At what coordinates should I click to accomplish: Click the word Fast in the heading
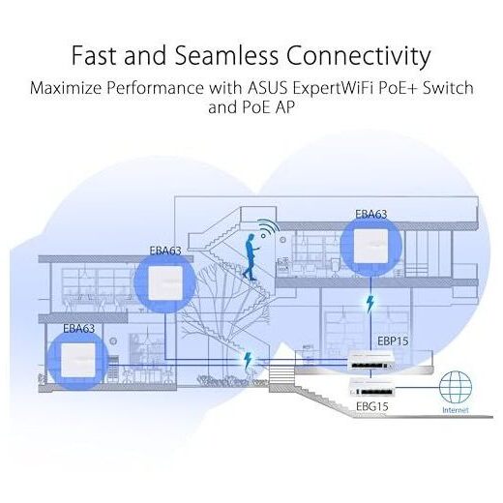click(93, 55)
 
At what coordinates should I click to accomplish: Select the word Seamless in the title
click(226, 55)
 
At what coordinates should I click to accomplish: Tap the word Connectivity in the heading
click(359, 56)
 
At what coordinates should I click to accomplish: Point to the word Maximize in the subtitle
click(66, 88)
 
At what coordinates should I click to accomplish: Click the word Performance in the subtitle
click(155, 88)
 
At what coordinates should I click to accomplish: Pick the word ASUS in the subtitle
click(267, 88)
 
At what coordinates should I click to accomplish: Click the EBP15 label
click(393, 341)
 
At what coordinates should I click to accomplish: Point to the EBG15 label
click(371, 406)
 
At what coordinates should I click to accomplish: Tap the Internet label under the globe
click(456, 410)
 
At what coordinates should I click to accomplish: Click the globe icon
click(456, 387)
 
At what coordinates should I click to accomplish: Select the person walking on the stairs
click(251, 257)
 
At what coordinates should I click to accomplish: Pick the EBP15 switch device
click(371, 362)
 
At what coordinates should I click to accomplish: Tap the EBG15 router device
click(372, 388)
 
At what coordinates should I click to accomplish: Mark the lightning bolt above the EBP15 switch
click(370, 305)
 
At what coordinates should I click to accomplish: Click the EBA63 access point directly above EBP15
click(370, 246)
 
